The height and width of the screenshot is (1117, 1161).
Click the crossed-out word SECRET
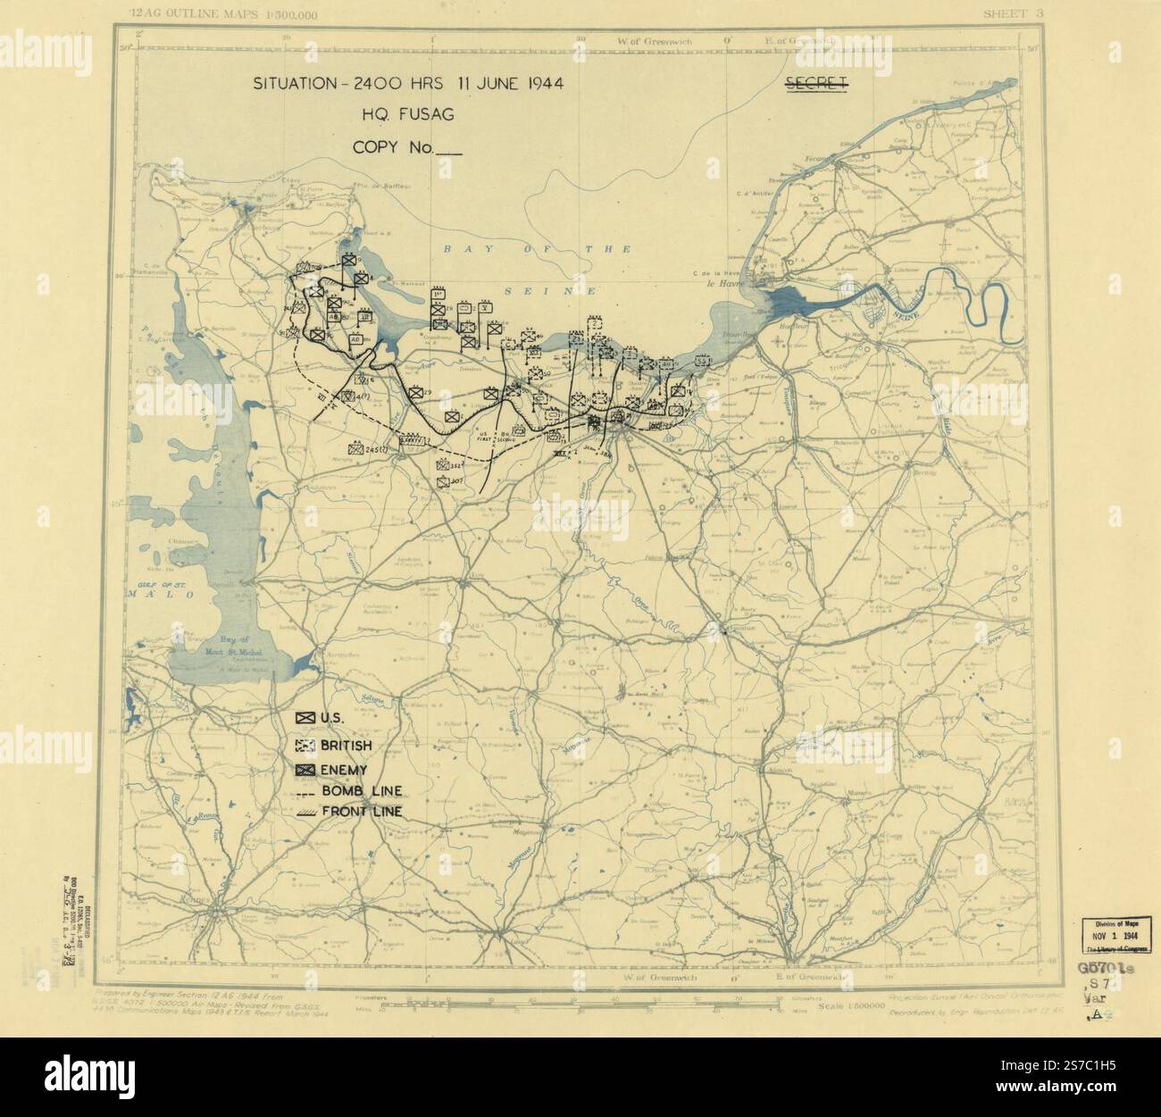point(815,84)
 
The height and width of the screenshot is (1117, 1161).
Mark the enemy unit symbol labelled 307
point(443,481)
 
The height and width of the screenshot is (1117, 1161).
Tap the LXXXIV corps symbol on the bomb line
point(413,440)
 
